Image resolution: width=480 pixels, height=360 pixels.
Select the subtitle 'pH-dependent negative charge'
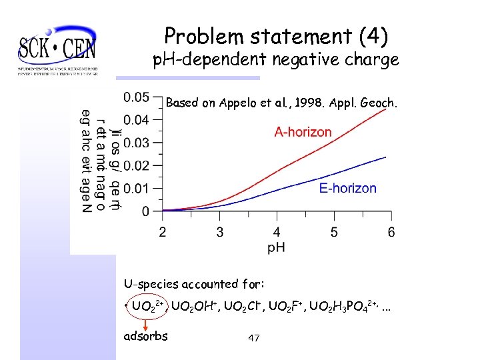coord(275,60)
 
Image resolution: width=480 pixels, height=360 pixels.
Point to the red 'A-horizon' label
coord(303,132)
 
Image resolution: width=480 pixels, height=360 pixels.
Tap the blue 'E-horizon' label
coord(347,189)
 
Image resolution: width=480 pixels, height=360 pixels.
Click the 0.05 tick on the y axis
coord(137,97)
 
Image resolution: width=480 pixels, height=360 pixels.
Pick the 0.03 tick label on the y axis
coord(137,143)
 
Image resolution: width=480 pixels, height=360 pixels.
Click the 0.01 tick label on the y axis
coord(137,188)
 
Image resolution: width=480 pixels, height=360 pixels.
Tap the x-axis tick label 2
coord(163,232)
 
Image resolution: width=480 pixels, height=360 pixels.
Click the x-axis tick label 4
coord(277,232)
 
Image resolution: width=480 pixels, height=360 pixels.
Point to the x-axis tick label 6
coord(391,232)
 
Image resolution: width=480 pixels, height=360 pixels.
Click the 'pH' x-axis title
coord(277,247)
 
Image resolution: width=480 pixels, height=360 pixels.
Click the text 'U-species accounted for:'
coord(194,284)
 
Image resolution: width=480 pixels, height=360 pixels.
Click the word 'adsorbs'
coord(146,335)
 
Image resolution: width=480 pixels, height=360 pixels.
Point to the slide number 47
coord(253,339)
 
